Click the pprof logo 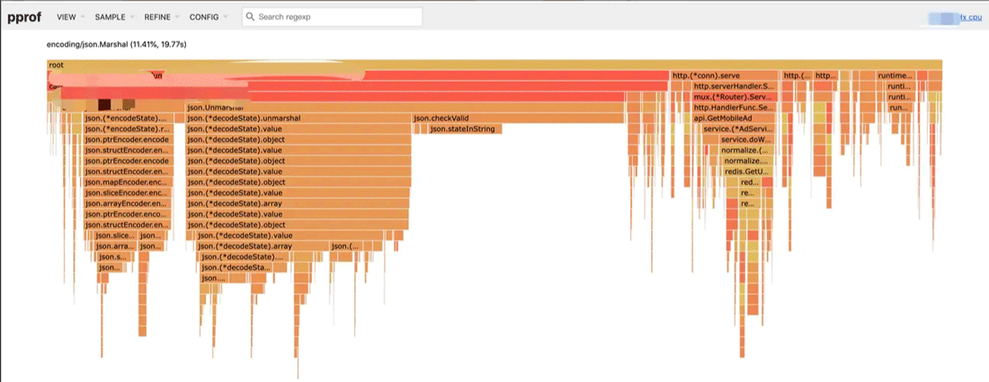pos(25,17)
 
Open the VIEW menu pos(67,17)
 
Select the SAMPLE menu pos(110,17)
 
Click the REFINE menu pos(158,17)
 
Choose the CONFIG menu pos(204,17)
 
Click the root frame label pos(58,65)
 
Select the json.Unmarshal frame pos(210,108)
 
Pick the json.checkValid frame pos(441,119)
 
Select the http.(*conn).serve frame pos(706,76)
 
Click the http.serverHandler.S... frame pos(734,86)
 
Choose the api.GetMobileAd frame pos(722,119)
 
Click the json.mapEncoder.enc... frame pos(126,182)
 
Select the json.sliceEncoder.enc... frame pos(126,193)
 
